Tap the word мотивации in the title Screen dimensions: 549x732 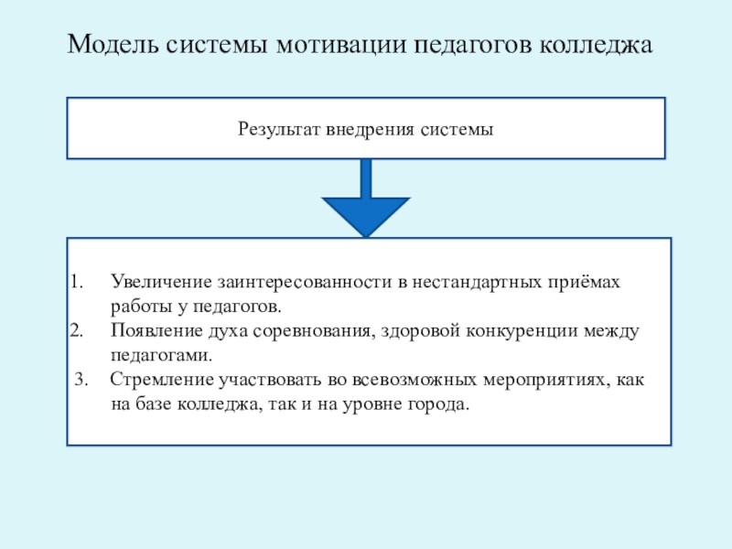pos(334,45)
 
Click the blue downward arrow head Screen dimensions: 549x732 pos(366,215)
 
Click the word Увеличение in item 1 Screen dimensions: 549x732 pos(157,282)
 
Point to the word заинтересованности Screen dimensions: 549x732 pos(301,282)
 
